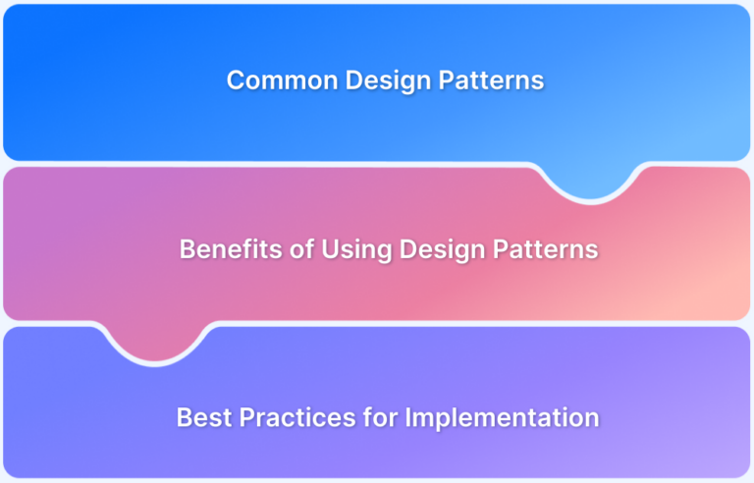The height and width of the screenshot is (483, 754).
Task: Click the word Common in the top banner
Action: pyautogui.click(x=274, y=80)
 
